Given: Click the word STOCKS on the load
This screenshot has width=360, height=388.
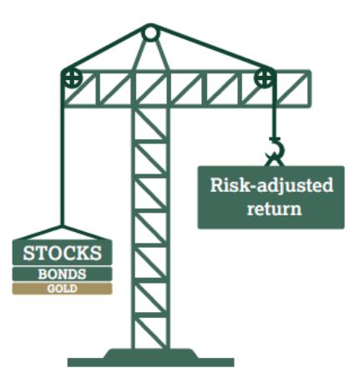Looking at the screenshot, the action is click(63, 253).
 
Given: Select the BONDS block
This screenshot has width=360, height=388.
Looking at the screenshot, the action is click(63, 274).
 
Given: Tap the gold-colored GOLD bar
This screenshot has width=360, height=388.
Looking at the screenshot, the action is click(63, 289).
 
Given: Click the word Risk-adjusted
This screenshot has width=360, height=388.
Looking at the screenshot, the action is click(271, 185).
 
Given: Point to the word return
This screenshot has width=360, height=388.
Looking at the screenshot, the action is click(275, 209).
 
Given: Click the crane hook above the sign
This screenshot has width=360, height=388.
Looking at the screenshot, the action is click(276, 151).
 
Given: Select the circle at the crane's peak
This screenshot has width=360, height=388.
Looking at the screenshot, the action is click(150, 33).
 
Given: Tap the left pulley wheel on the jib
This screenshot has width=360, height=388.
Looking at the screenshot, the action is click(72, 78).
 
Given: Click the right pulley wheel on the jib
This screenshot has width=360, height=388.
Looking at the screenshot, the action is click(265, 78).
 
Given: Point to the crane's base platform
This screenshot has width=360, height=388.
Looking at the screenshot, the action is click(150, 357).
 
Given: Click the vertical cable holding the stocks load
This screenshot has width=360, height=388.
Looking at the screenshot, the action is click(63, 156).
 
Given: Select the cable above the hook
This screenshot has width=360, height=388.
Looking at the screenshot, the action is click(275, 110).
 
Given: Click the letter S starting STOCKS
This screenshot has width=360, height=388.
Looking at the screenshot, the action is click(28, 253).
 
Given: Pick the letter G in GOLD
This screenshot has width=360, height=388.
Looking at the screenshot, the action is click(51, 289).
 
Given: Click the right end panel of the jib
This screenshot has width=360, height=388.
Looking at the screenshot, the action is click(293, 88).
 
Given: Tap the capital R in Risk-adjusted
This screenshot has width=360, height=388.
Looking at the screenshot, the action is click(217, 184).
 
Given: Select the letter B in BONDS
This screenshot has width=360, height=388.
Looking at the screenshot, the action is click(43, 275).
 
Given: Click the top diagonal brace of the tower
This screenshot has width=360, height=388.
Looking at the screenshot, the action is click(150, 123).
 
